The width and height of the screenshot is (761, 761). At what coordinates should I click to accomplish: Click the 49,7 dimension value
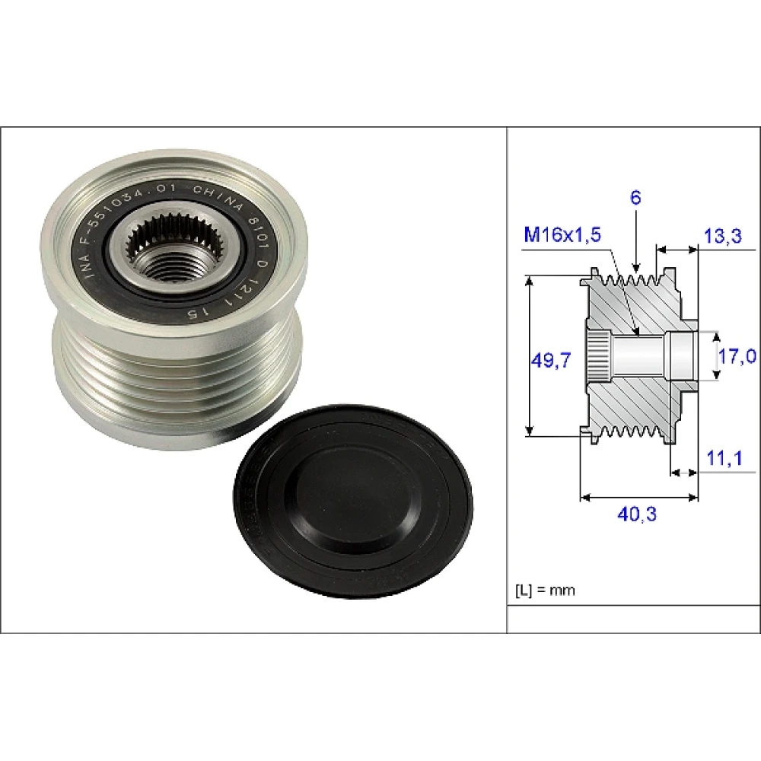pyautogui.click(x=551, y=361)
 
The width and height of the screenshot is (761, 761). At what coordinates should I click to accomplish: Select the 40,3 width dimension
pyautogui.click(x=637, y=514)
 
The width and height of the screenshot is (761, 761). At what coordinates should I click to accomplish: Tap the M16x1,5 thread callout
pyautogui.click(x=562, y=234)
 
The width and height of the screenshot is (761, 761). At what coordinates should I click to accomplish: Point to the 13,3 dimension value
pyautogui.click(x=723, y=236)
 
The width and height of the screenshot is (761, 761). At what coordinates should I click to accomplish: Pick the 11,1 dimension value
pyautogui.click(x=724, y=458)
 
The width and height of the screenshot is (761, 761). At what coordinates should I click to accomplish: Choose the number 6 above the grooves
pyautogui.click(x=635, y=198)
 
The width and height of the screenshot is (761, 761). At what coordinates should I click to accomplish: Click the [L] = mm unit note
pyautogui.click(x=545, y=591)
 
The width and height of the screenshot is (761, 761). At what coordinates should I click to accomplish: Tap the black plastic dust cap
pyautogui.click(x=353, y=501)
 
